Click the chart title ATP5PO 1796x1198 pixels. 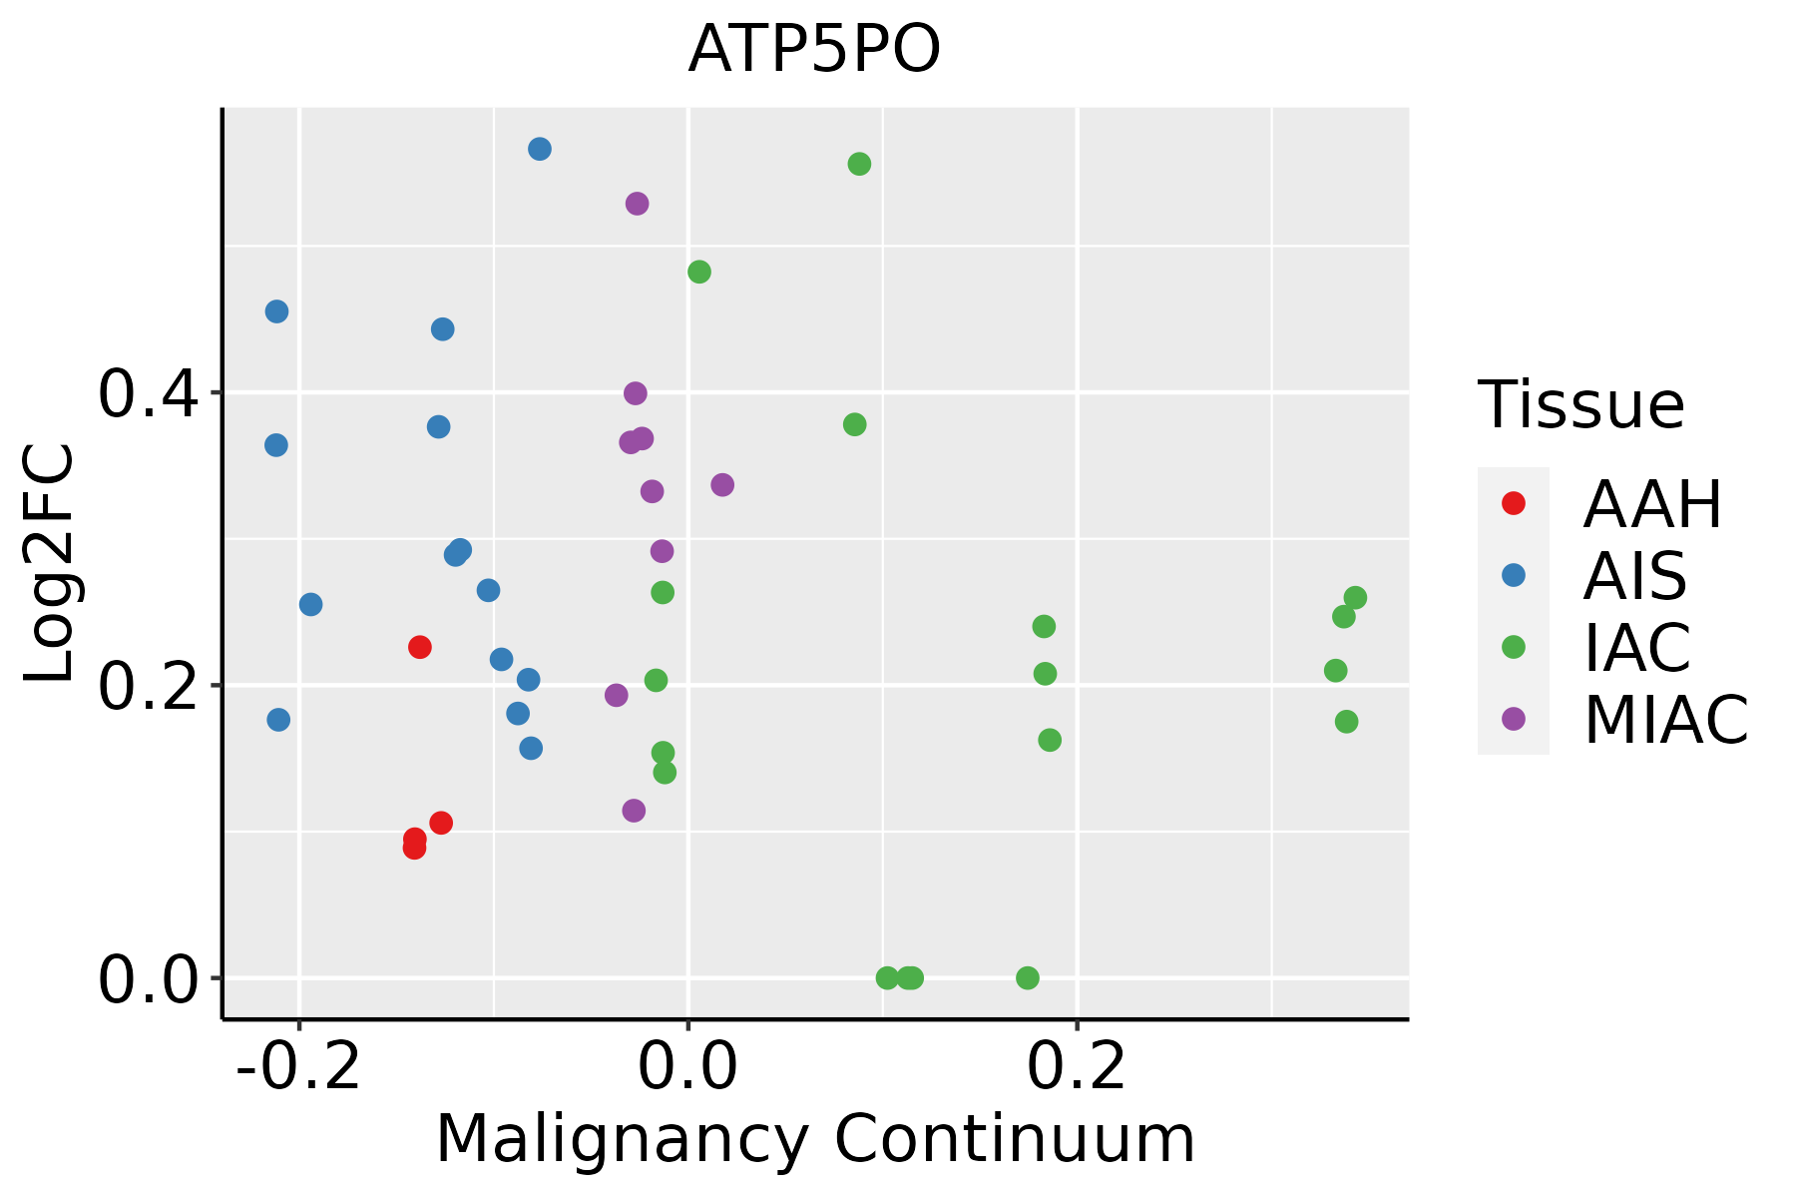click(814, 50)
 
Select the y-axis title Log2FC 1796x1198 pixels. click(50, 564)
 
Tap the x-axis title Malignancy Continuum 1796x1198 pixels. click(814, 1139)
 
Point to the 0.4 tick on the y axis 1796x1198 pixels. click(148, 393)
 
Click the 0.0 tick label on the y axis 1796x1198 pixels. click(148, 979)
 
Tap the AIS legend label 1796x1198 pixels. click(1634, 576)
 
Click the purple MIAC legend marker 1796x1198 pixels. click(1513, 719)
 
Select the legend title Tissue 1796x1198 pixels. click(1581, 405)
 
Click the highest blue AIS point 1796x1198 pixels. click(540, 150)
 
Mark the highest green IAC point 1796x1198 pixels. click(859, 164)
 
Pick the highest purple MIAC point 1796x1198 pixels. click(637, 204)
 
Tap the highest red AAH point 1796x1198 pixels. click(420, 647)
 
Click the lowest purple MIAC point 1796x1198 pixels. click(634, 811)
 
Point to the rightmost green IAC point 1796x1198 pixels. click(1355, 598)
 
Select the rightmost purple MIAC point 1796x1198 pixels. click(722, 485)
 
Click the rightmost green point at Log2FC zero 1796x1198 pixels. click(1028, 977)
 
